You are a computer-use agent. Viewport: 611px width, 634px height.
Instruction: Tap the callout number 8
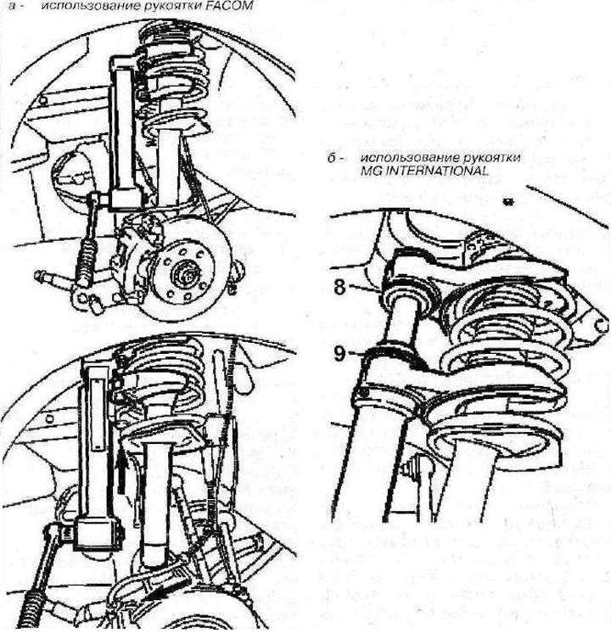[x=339, y=288]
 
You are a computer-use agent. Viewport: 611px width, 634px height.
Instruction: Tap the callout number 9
[x=339, y=354]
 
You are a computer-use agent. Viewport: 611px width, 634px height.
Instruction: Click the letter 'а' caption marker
[x=12, y=7]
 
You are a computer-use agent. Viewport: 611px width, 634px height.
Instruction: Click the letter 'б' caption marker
[x=331, y=158]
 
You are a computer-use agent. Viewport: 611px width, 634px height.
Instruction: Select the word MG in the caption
[x=372, y=171]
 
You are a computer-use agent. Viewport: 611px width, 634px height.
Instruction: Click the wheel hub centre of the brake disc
[x=186, y=275]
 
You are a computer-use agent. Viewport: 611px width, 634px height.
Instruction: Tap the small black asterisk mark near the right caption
[x=506, y=201]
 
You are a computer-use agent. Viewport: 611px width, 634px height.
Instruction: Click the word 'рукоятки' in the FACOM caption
[x=180, y=6]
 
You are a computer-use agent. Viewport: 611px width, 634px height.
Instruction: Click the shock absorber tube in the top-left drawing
[x=168, y=168]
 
